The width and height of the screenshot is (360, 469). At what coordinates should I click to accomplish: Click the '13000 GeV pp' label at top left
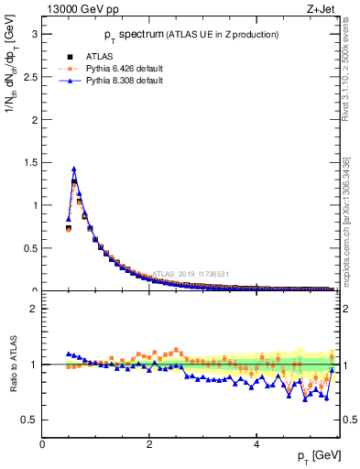81,9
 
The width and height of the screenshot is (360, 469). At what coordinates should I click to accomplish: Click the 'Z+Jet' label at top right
320,9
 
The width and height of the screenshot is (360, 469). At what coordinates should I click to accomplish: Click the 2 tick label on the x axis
149,444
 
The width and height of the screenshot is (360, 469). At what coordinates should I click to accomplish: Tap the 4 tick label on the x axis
256,444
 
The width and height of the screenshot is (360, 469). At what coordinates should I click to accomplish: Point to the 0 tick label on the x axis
42,444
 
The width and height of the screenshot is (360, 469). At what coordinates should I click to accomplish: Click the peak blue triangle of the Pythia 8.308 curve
74,169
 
